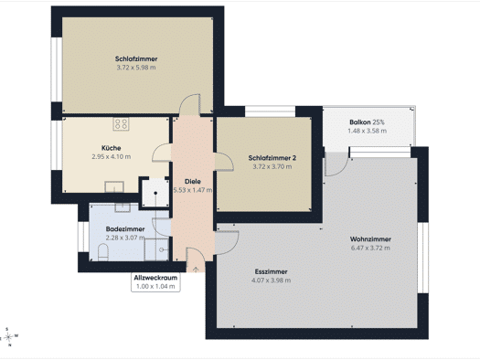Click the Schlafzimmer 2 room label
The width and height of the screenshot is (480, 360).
pyautogui.click(x=272, y=158)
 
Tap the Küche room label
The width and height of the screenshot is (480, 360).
pyautogui.click(x=112, y=148)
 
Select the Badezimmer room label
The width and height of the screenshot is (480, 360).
pyautogui.click(x=125, y=229)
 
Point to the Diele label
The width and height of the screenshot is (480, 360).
pyautogui.click(x=193, y=182)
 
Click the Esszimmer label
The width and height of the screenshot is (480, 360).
pyautogui.click(x=271, y=271)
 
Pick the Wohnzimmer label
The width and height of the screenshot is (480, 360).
pyautogui.click(x=370, y=239)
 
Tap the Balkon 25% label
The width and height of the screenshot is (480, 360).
pyautogui.click(x=367, y=122)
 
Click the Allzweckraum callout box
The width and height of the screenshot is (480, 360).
pyautogui.click(x=155, y=282)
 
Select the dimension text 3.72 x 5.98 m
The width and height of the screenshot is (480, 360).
pyautogui.click(x=136, y=68)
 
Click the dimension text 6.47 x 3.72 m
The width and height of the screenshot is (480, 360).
pyautogui.click(x=370, y=248)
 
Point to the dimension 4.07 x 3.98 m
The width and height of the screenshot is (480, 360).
pyautogui.click(x=271, y=281)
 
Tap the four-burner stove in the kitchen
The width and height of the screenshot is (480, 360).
pyautogui.click(x=121, y=124)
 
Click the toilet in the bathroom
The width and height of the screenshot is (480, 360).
pyautogui.click(x=103, y=252)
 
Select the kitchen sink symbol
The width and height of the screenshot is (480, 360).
pyautogui.click(x=114, y=187)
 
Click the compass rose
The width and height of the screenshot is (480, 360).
pyautogui.click(x=8, y=337)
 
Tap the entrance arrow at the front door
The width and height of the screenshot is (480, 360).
pyautogui.click(x=196, y=270)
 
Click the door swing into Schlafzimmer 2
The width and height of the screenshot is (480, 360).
pyautogui.click(x=224, y=162)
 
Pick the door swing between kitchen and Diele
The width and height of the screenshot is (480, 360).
pyautogui.click(x=162, y=153)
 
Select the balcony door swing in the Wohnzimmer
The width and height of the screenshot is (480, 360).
pyautogui.click(x=336, y=164)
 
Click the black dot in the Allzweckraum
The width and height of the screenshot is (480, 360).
pyautogui.click(x=155, y=193)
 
